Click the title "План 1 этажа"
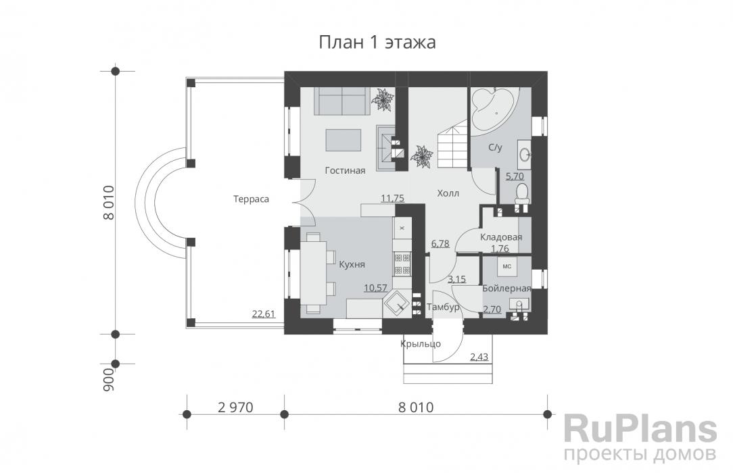click(x=377, y=43)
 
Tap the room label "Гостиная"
click(x=345, y=170)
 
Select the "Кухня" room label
click(x=352, y=264)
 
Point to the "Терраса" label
click(x=251, y=199)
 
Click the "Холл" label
click(x=448, y=193)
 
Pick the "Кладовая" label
click(x=500, y=237)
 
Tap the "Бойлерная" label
click(x=506, y=288)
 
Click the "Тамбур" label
click(x=443, y=307)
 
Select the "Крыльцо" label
click(x=421, y=344)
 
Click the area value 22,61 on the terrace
click(x=264, y=314)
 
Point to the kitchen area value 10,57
click(x=375, y=288)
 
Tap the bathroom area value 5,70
click(x=515, y=176)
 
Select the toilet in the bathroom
click(x=522, y=193)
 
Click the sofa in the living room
click(x=341, y=101)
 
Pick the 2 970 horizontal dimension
click(x=235, y=407)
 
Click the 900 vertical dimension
click(x=108, y=379)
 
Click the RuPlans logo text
click(x=640, y=430)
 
